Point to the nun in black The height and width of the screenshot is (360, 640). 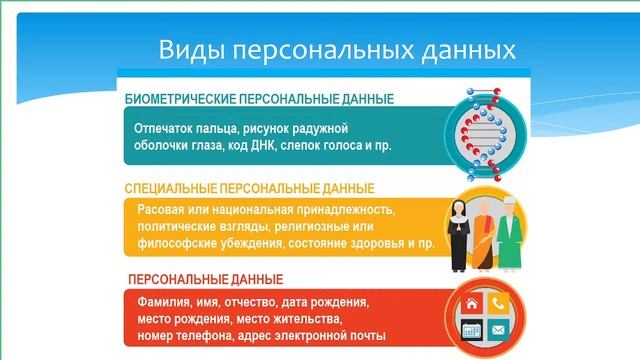coord(461,233)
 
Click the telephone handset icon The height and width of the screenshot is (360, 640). coord(497,302)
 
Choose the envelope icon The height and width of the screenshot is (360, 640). coord(497,329)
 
